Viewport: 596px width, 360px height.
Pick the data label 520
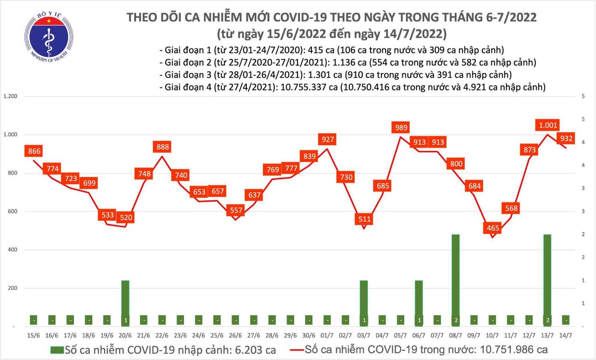coord(126,217)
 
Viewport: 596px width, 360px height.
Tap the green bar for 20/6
coord(125,303)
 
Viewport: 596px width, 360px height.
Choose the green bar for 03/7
coord(364,303)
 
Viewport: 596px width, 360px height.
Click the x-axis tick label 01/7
coord(327,335)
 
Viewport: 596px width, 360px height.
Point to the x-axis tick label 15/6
coord(33,335)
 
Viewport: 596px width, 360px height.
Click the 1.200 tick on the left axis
coord(10,97)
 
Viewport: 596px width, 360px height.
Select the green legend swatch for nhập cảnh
coord(57,350)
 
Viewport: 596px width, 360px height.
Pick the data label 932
coord(566,138)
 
